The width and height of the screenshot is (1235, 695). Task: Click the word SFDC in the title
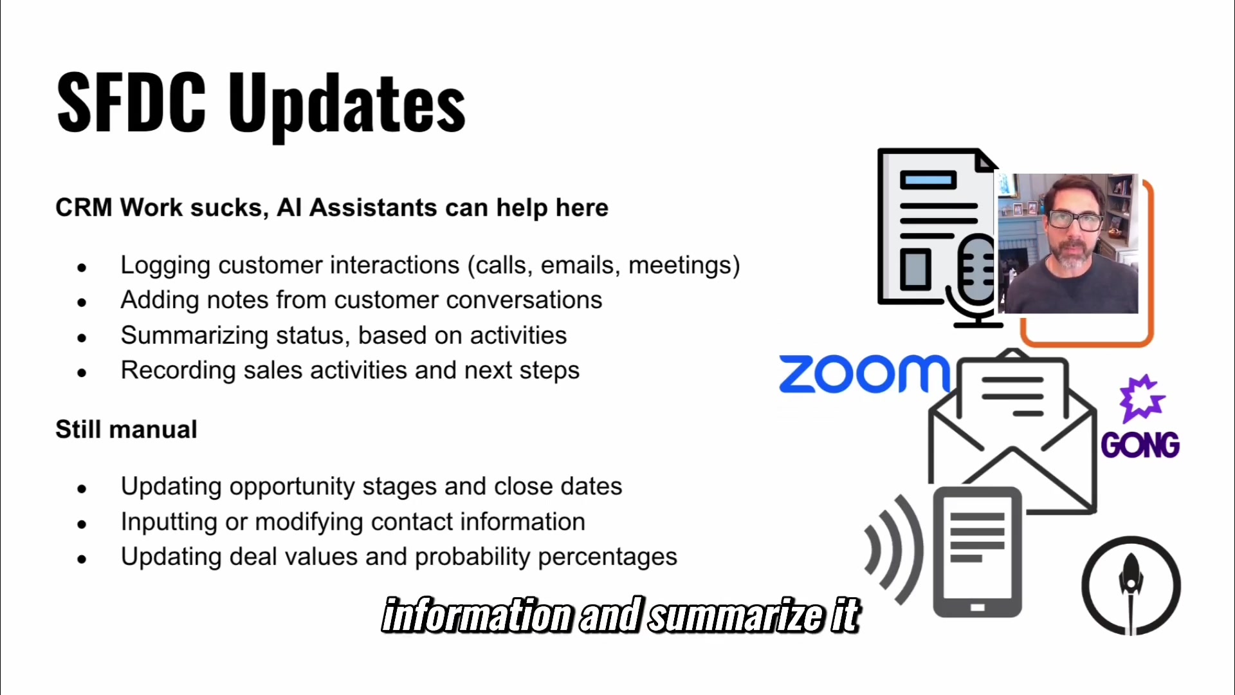[x=131, y=102]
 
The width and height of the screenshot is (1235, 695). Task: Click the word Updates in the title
[x=347, y=106]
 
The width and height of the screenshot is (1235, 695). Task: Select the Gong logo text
[x=1140, y=445]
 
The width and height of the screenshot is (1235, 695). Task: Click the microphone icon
[x=974, y=280]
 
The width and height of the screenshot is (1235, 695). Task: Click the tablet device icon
[x=977, y=552]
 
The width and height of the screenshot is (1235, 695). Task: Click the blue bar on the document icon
[x=928, y=180]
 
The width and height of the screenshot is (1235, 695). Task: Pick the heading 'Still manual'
[x=126, y=429]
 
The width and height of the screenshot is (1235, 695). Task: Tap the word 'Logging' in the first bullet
[x=165, y=266]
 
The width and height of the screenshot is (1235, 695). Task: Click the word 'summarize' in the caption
[x=736, y=615]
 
